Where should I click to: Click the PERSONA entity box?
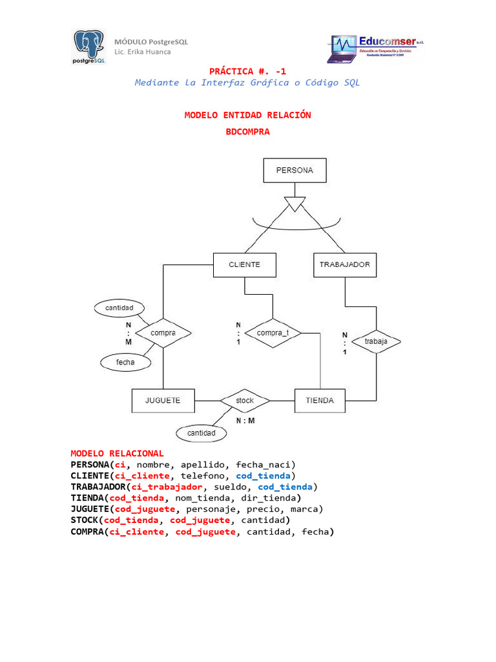pyautogui.click(x=294, y=171)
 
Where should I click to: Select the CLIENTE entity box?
pyautogui.click(x=245, y=264)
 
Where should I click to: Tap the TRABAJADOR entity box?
pyautogui.click(x=345, y=264)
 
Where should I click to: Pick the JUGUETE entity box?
pyautogui.click(x=163, y=401)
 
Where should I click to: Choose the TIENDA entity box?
pyautogui.click(x=320, y=401)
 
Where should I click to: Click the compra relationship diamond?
pyautogui.click(x=163, y=333)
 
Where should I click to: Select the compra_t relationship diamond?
pyautogui.click(x=273, y=333)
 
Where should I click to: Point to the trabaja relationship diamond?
pyautogui.click(x=375, y=341)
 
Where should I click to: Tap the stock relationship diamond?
pyautogui.click(x=245, y=401)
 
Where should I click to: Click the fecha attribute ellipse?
pyautogui.click(x=125, y=363)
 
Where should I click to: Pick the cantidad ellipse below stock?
pyautogui.click(x=201, y=432)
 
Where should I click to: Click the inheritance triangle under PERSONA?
pyautogui.click(x=294, y=204)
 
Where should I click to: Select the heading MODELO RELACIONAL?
pyautogui.click(x=117, y=453)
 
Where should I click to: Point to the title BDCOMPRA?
pyautogui.click(x=247, y=132)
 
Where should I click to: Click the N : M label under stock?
pyautogui.click(x=245, y=420)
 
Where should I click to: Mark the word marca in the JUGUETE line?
pyautogui.click(x=307, y=509)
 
